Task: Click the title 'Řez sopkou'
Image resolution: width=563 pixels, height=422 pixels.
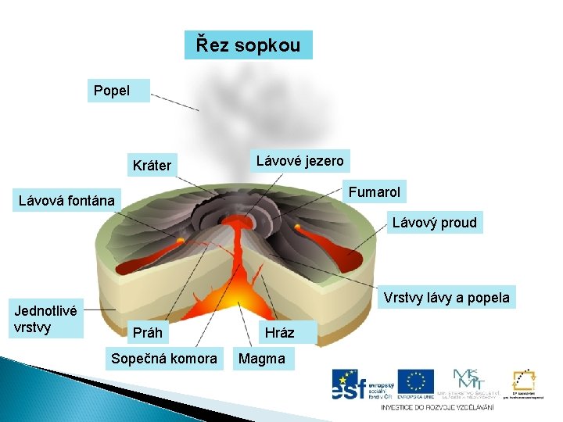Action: click(x=248, y=45)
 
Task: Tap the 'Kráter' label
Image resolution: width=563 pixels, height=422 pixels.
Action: click(x=152, y=166)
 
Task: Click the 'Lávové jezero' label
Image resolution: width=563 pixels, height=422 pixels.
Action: click(x=299, y=161)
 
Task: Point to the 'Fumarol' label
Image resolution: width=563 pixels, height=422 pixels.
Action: click(x=374, y=192)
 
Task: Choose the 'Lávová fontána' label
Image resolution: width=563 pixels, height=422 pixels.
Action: click(x=66, y=202)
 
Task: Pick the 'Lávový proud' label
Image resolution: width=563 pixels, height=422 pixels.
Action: click(x=434, y=223)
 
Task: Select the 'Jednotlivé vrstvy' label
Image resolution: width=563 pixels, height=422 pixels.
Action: click(x=46, y=319)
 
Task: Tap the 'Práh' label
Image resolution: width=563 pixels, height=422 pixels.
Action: click(x=148, y=333)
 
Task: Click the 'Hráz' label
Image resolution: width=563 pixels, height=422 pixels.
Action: click(x=279, y=333)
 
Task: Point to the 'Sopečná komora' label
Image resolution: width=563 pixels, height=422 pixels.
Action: click(x=164, y=359)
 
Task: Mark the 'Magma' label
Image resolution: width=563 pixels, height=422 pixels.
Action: click(x=262, y=359)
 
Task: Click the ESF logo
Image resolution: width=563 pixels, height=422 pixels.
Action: click(x=360, y=383)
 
